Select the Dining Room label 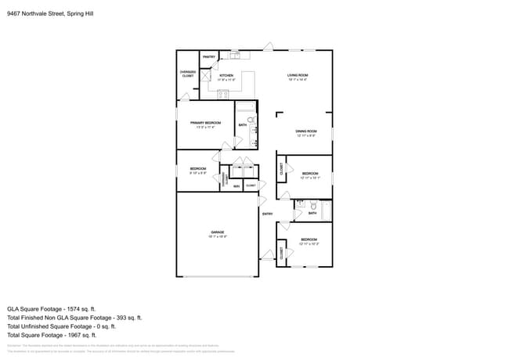coord(306,133)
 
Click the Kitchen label coord(226,77)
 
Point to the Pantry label coord(209,57)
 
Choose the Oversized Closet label coord(188,74)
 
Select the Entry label coord(267,214)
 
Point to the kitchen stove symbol coord(223,94)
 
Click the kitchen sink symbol coord(235,56)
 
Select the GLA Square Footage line coord(56,308)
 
